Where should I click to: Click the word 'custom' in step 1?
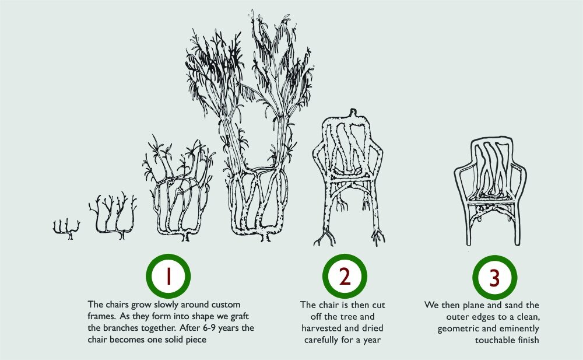coord(226,305)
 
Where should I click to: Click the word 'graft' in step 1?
coord(240,317)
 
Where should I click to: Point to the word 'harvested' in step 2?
coord(320,328)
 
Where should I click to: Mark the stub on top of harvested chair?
coord(353,113)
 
